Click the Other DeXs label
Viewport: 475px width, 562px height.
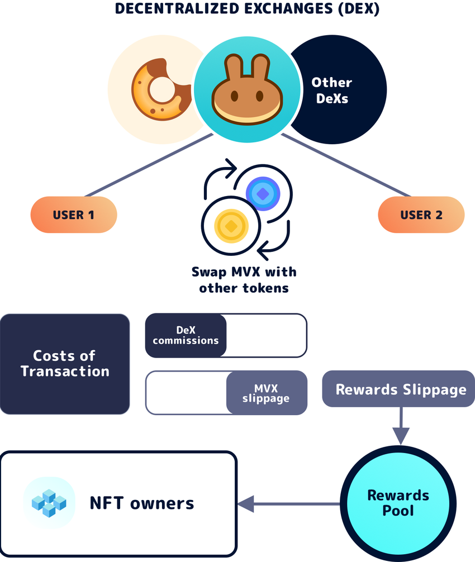point(332,90)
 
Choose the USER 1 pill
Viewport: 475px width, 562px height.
point(74,215)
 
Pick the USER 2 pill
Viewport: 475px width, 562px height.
point(421,215)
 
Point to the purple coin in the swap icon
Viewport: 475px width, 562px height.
point(262,193)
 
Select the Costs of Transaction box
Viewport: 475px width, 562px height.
point(65,364)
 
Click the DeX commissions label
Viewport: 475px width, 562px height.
point(186,335)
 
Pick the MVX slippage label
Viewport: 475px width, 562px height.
point(266,393)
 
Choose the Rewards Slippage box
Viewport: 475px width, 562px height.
point(401,389)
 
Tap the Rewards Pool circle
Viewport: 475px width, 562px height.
point(397,502)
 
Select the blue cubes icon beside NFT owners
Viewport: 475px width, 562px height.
point(49,502)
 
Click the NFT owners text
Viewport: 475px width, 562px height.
point(142,503)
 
